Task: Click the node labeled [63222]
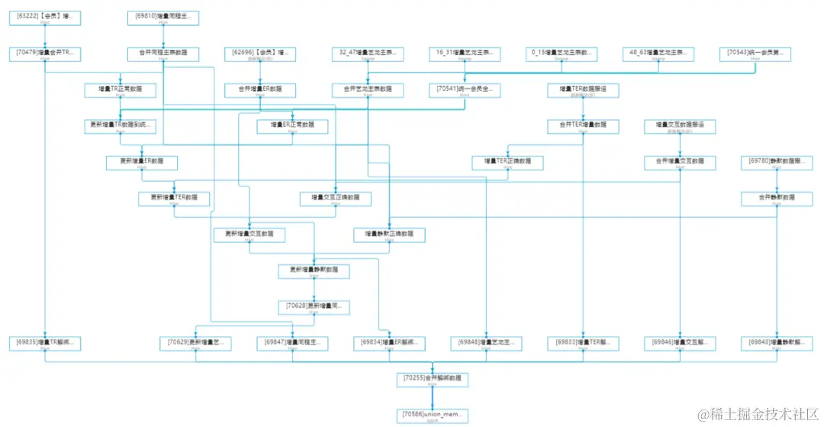click(x=45, y=16)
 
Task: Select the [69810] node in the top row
click(x=163, y=16)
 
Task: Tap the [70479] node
click(x=45, y=53)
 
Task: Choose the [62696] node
click(x=260, y=53)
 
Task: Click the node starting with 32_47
click(x=368, y=53)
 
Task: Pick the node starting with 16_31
click(x=464, y=53)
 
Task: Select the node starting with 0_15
click(x=562, y=53)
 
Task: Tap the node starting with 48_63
click(x=658, y=53)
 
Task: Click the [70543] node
click(x=755, y=53)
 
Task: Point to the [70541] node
click(x=464, y=89)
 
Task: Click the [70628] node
click(x=314, y=306)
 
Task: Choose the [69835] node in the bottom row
click(x=45, y=343)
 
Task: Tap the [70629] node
click(x=195, y=343)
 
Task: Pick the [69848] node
click(x=485, y=343)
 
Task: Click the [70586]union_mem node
click(x=432, y=416)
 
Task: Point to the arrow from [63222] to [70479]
click(x=45, y=35)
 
